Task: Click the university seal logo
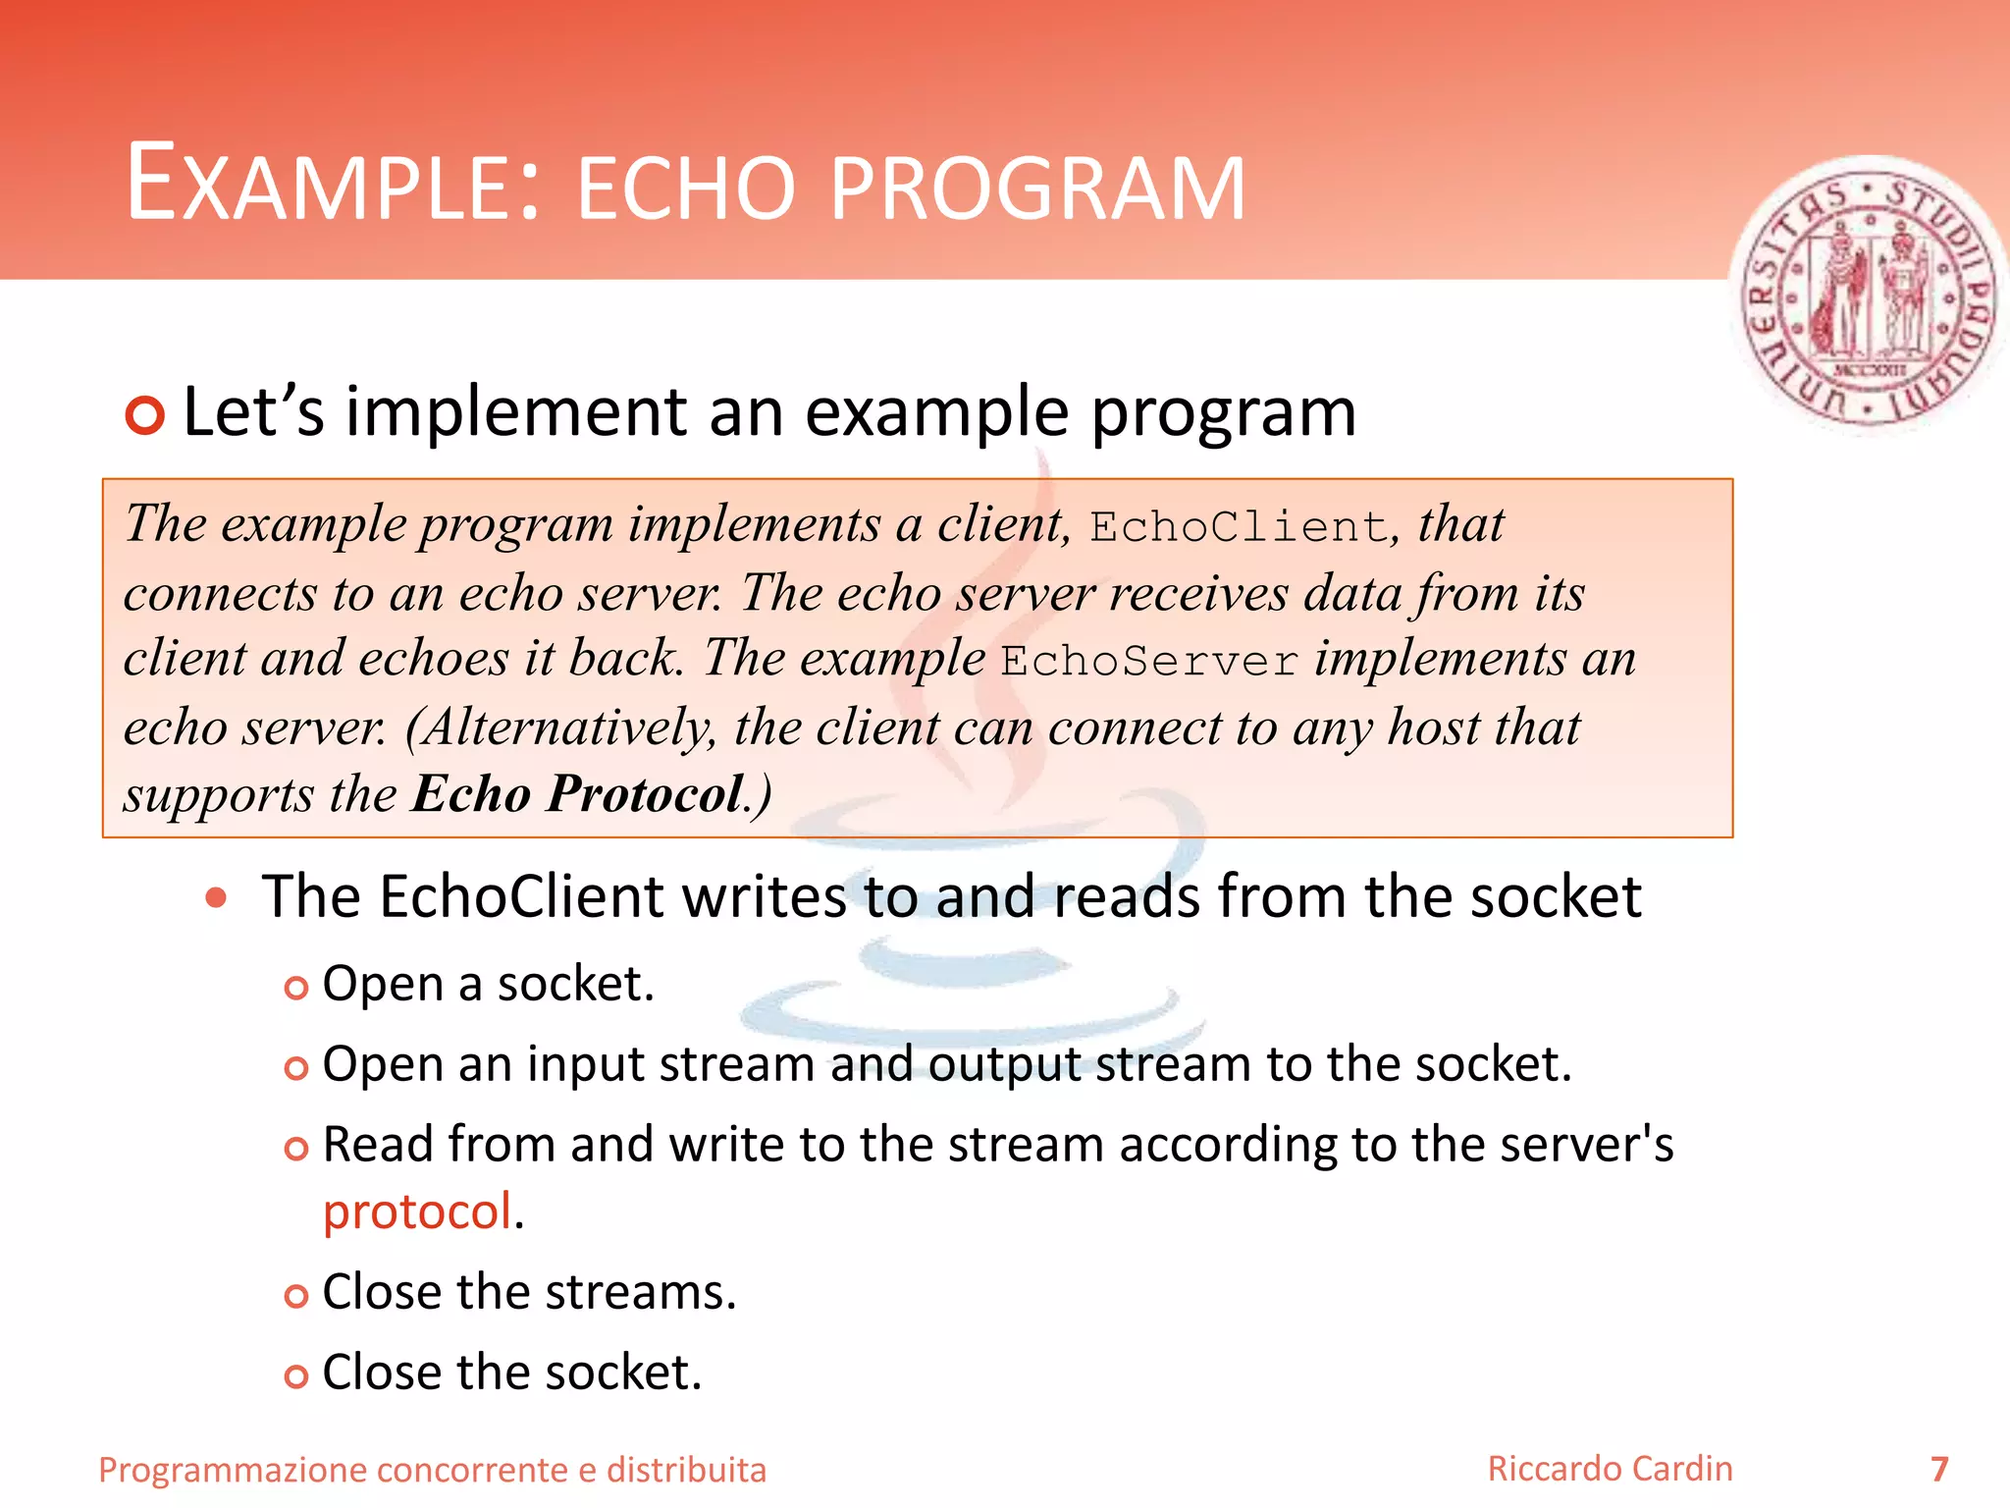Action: [1868, 295]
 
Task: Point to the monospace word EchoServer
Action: [1149, 661]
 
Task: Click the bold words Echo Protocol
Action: [578, 793]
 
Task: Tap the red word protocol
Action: [418, 1212]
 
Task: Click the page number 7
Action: [1938, 1469]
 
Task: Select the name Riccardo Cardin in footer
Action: [1610, 1469]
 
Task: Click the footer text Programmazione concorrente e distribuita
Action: [432, 1470]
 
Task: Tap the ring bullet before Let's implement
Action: [145, 415]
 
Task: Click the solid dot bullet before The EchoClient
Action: [217, 897]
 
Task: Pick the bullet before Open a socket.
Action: [295, 988]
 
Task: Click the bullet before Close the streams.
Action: [295, 1296]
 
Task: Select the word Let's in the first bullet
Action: [253, 412]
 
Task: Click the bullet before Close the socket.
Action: [295, 1376]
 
